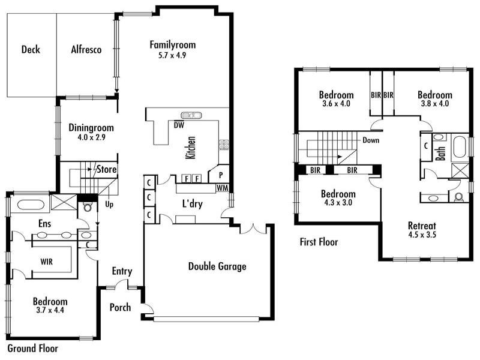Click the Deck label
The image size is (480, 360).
(30, 50)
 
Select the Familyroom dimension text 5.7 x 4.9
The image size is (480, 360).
(173, 55)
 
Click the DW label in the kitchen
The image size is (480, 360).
(178, 125)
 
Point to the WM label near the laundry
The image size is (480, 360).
(223, 188)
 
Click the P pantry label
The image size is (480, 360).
(220, 176)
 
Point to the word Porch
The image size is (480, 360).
(120, 308)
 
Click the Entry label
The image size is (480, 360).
(122, 271)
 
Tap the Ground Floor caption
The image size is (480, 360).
(32, 347)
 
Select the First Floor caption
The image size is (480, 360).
(319, 242)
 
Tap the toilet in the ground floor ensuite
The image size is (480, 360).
(88, 209)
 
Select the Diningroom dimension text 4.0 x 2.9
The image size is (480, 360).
(91, 137)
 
